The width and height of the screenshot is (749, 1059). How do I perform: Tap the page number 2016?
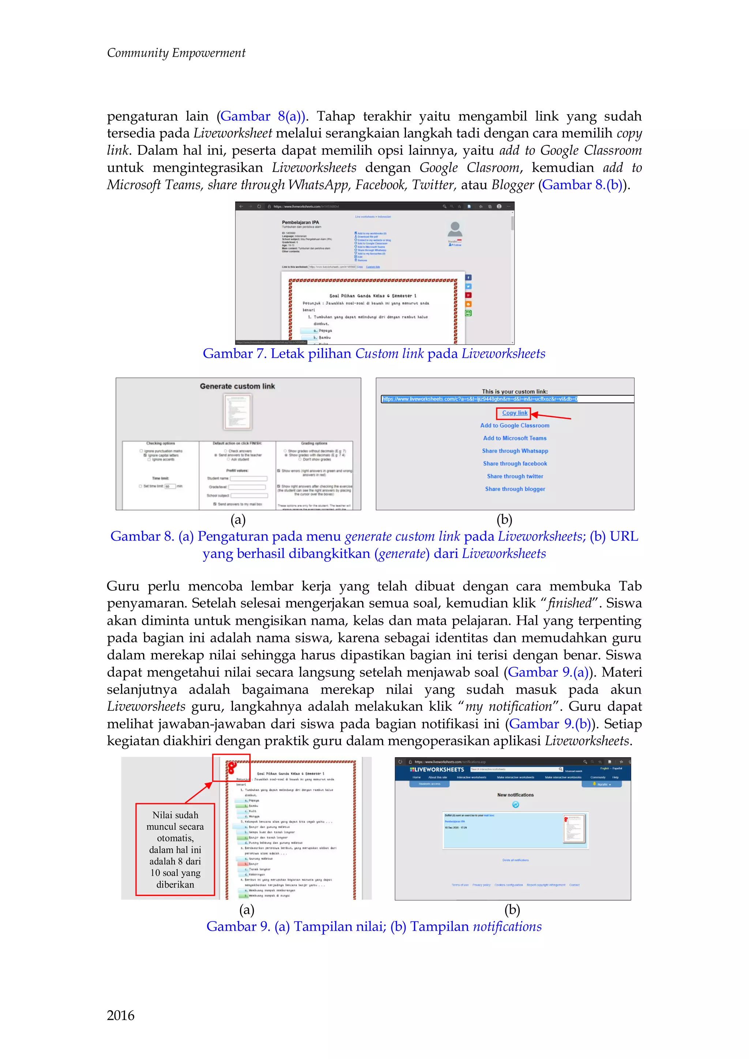[x=120, y=1015]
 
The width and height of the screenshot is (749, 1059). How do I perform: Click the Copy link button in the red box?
[x=514, y=413]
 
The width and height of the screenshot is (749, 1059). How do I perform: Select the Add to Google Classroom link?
[x=514, y=425]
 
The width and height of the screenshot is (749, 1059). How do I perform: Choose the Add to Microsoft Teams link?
[x=514, y=438]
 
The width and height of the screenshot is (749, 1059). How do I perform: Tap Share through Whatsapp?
[x=515, y=451]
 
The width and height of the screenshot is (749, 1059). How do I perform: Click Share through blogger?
[x=515, y=489]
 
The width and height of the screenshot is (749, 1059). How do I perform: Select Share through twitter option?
[x=515, y=476]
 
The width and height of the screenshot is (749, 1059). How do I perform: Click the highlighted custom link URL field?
[x=480, y=399]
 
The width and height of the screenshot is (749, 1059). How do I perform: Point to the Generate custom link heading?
[x=237, y=386]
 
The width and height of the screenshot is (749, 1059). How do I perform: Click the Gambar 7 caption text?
[x=373, y=354]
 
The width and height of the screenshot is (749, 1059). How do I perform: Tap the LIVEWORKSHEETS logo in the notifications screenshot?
[x=437, y=770]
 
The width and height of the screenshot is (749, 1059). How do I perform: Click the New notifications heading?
[x=515, y=795]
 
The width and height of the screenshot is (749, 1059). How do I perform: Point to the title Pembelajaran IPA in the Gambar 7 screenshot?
[x=300, y=222]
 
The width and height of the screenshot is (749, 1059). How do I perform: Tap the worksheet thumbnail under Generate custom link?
[x=237, y=412]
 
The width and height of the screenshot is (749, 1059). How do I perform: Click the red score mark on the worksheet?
[x=232, y=767]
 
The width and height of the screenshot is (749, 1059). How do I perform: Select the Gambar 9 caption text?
[x=373, y=926]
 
